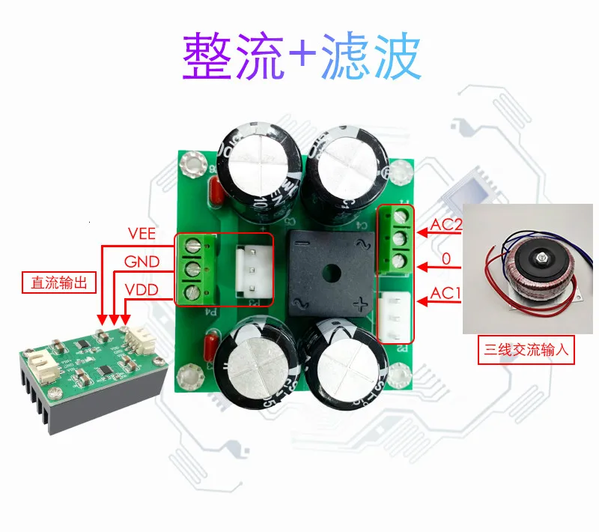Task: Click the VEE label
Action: point(142,234)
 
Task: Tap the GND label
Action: point(142,262)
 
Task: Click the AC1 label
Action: point(447,294)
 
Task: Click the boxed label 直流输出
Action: point(59,282)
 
